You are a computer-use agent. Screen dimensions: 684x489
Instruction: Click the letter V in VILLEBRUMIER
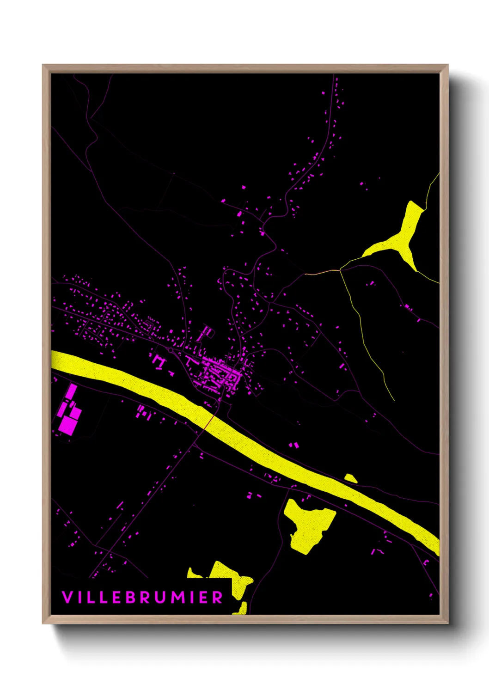[x=67, y=597]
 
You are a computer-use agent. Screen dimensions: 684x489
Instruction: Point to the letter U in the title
[x=159, y=597]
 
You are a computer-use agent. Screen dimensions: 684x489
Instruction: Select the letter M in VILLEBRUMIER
[x=177, y=597]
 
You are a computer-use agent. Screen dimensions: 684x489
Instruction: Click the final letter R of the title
[x=217, y=597]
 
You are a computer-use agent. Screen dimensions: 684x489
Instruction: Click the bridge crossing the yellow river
[x=209, y=421]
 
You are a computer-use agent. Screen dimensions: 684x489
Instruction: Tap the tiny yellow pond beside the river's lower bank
[x=350, y=478]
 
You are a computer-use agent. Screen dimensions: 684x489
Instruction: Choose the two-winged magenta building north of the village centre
[x=205, y=332]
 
